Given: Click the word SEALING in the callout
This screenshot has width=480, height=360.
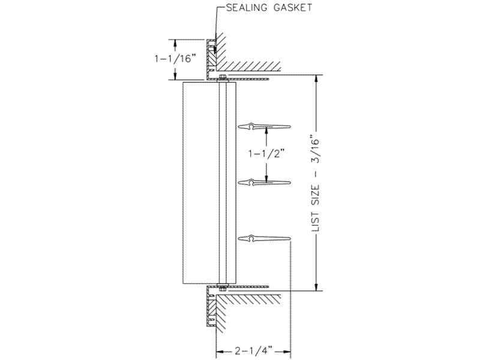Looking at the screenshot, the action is pyautogui.click(x=245, y=8).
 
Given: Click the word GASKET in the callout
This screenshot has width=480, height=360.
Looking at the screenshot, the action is pyautogui.click(x=292, y=8).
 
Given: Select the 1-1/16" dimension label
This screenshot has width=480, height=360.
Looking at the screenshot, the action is pyautogui.click(x=175, y=58).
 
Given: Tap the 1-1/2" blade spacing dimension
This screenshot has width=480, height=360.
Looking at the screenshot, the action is pyautogui.click(x=266, y=154).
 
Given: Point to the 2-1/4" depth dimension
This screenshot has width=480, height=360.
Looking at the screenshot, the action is pyautogui.click(x=254, y=350).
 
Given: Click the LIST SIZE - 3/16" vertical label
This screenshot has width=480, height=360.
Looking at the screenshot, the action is pyautogui.click(x=316, y=183).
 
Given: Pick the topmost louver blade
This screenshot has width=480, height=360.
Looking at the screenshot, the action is pyautogui.click(x=264, y=126).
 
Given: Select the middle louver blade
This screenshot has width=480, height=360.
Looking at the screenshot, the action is pyautogui.click(x=264, y=183).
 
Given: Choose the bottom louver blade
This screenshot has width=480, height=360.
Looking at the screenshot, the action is pyautogui.click(x=264, y=238).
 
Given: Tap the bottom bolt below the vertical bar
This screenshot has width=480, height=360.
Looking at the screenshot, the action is pyautogui.click(x=222, y=287).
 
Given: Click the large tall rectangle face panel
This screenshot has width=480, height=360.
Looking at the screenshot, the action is pyautogui.click(x=201, y=183).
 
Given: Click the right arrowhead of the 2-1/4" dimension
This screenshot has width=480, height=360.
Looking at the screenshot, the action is pyautogui.click(x=286, y=350).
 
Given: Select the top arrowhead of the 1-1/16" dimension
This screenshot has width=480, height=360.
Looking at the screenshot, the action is pyautogui.click(x=175, y=43).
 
